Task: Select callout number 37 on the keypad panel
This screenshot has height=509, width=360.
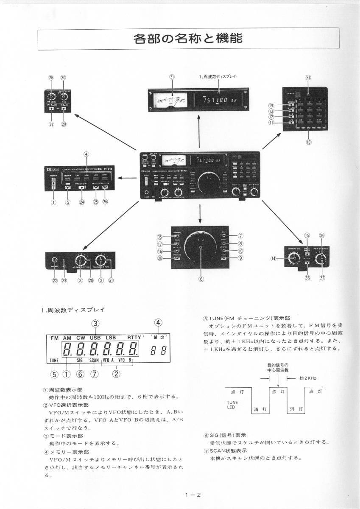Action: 308,78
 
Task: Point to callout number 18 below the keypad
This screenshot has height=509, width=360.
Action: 308,143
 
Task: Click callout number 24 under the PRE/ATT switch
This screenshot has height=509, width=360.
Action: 81,202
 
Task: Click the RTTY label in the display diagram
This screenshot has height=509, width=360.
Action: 136,338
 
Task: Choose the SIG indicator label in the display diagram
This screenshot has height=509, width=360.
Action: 80,361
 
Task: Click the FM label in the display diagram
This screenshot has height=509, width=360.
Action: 54,338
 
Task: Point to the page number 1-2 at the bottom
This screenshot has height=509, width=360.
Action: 192,495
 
